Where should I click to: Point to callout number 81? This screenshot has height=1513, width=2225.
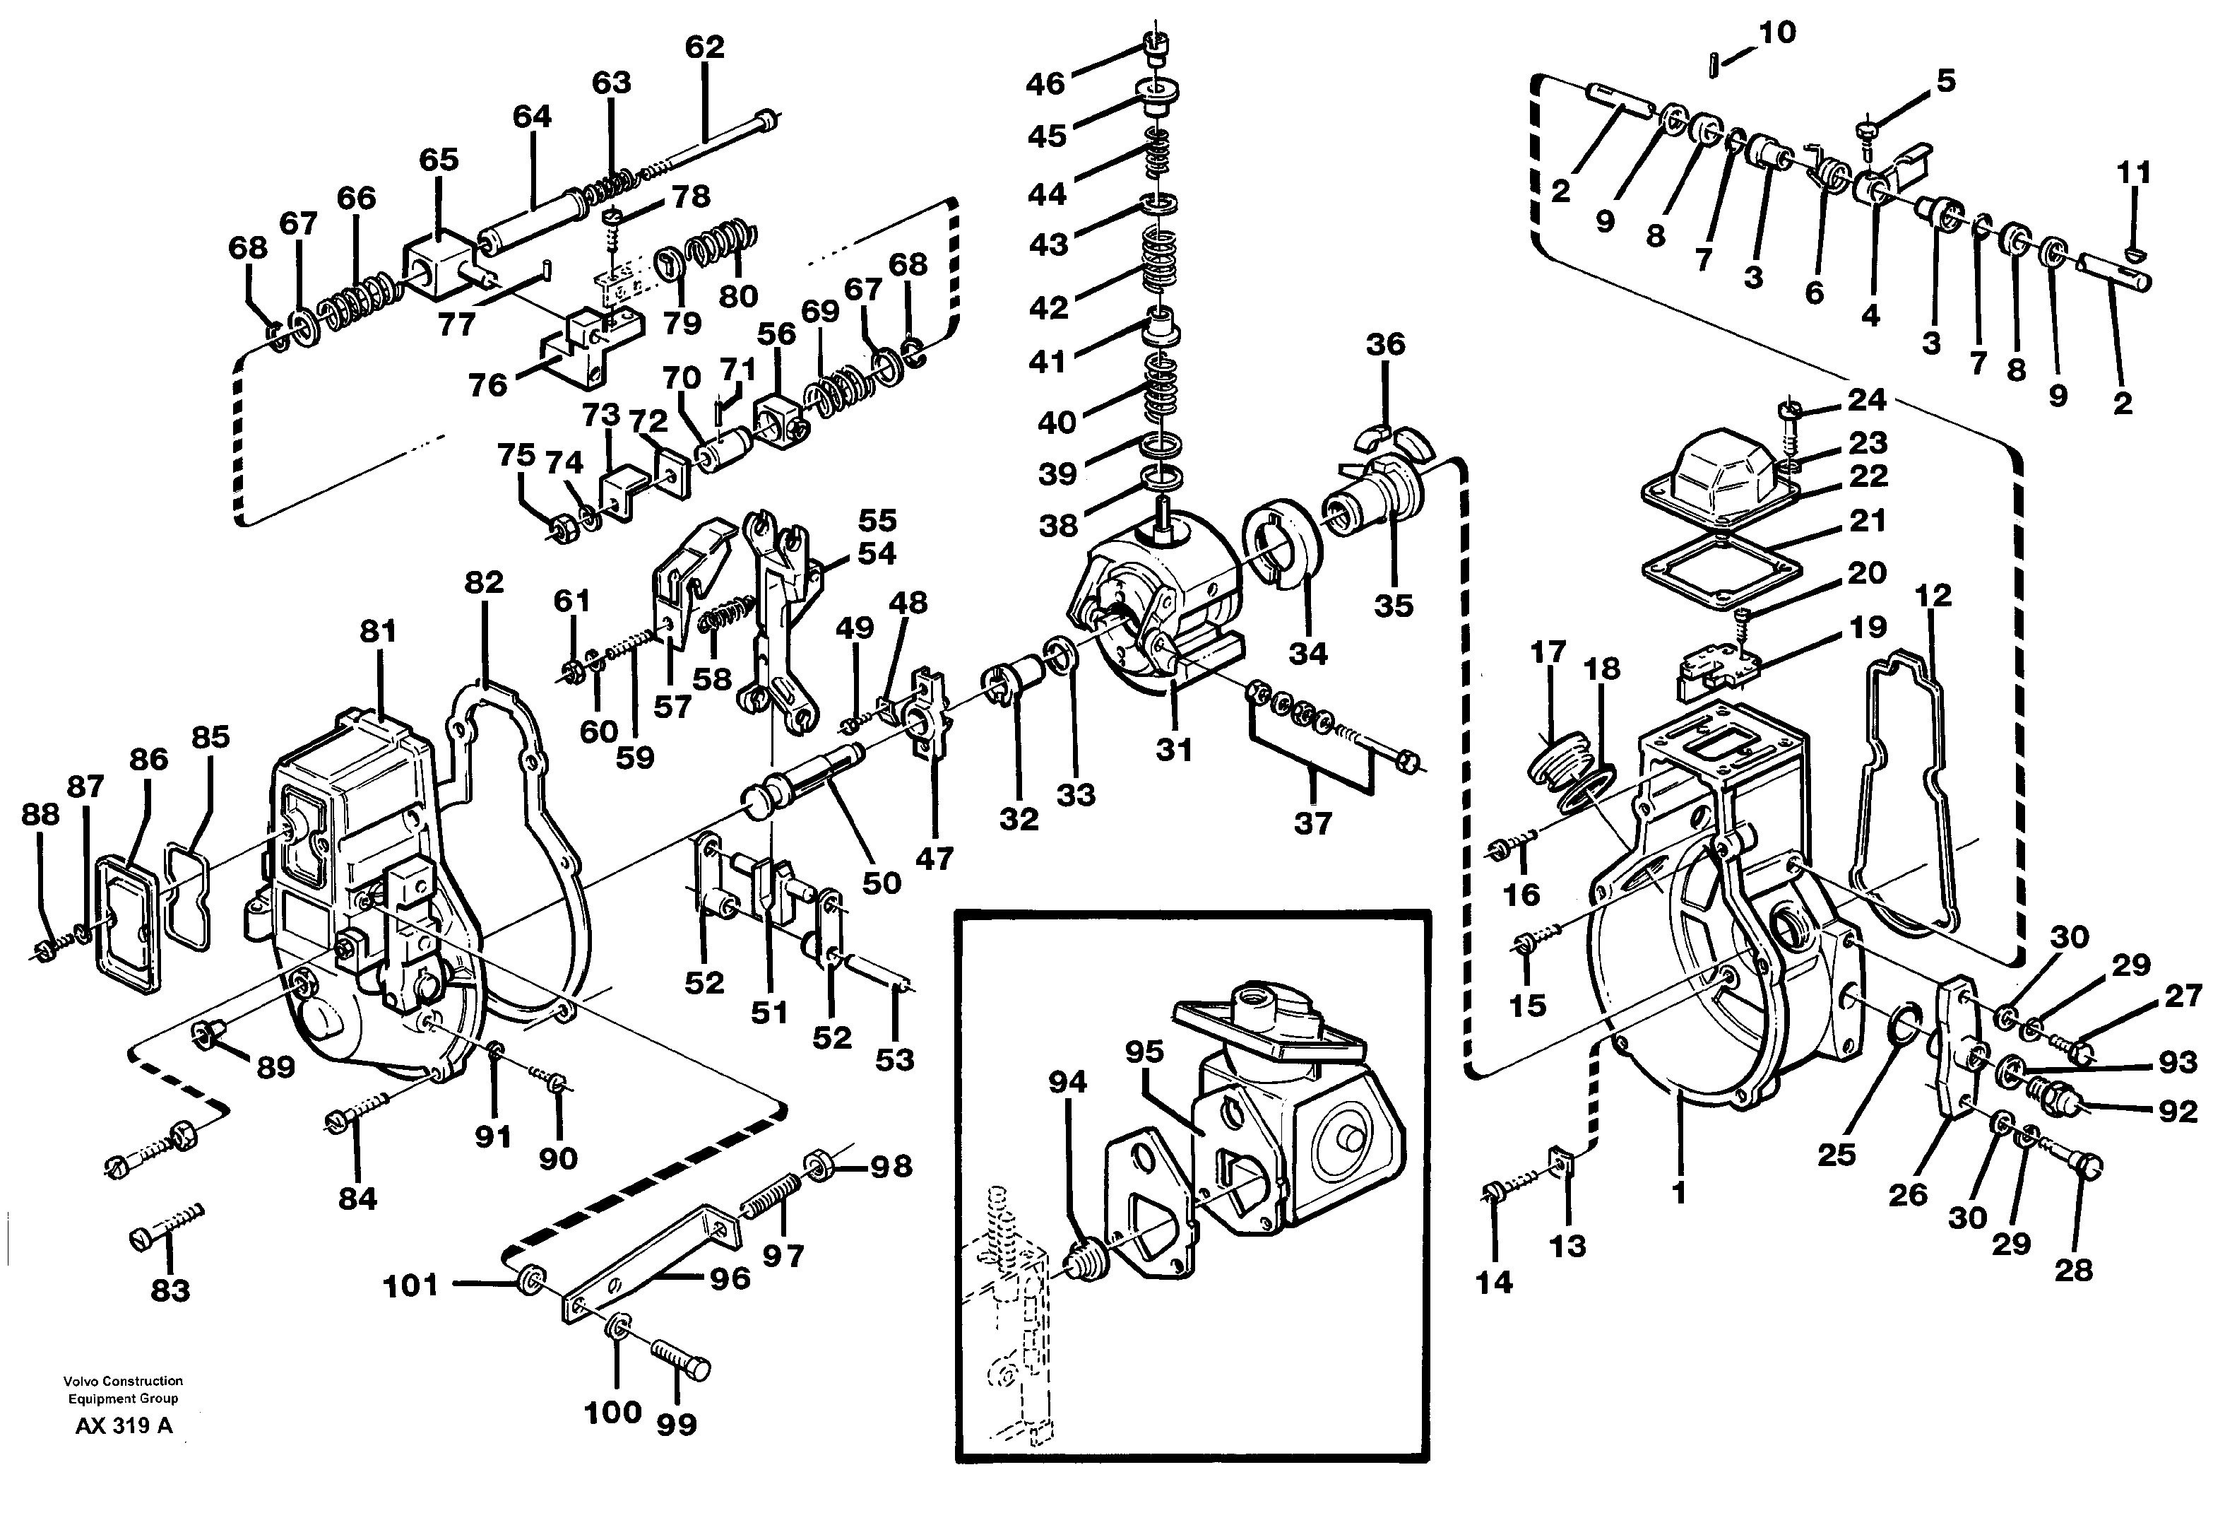(378, 631)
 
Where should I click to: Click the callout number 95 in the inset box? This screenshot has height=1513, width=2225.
(1144, 1052)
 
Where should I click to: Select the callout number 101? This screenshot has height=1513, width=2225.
(410, 1286)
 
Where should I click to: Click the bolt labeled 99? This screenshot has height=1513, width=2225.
(681, 1360)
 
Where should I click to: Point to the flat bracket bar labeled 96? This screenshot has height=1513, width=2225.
(651, 1264)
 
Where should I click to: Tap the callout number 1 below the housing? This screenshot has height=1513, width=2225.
(1678, 1192)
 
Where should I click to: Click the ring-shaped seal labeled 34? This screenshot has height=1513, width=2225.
(1282, 551)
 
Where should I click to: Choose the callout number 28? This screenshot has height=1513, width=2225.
(2074, 1271)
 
